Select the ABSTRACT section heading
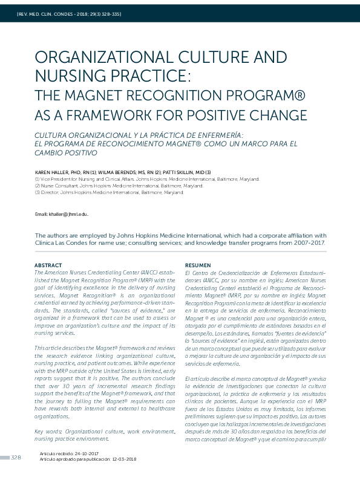[48, 265]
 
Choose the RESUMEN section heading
[198, 265]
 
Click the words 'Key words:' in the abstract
[49, 431]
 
